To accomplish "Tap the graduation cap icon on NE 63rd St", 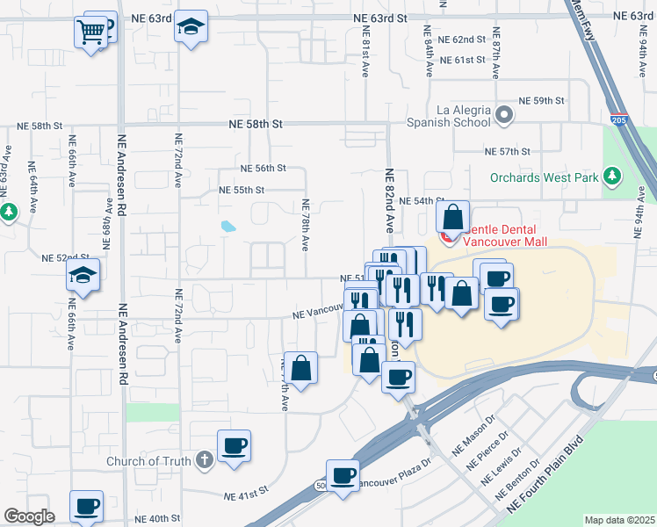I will (189, 28).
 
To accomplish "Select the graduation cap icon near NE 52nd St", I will (82, 277).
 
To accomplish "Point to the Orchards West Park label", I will (545, 177).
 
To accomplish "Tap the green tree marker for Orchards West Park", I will (613, 177).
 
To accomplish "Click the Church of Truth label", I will (148, 460).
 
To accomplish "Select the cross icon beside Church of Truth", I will (204, 459).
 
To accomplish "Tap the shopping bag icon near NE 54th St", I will (452, 217).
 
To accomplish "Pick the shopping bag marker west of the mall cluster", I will (300, 369).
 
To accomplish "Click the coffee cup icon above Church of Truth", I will (235, 446).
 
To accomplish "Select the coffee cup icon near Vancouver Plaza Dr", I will (343, 476).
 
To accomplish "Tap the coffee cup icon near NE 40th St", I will (86, 507).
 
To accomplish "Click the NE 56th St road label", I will (264, 168).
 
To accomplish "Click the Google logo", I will (29, 516).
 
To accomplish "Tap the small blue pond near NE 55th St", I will (228, 226).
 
